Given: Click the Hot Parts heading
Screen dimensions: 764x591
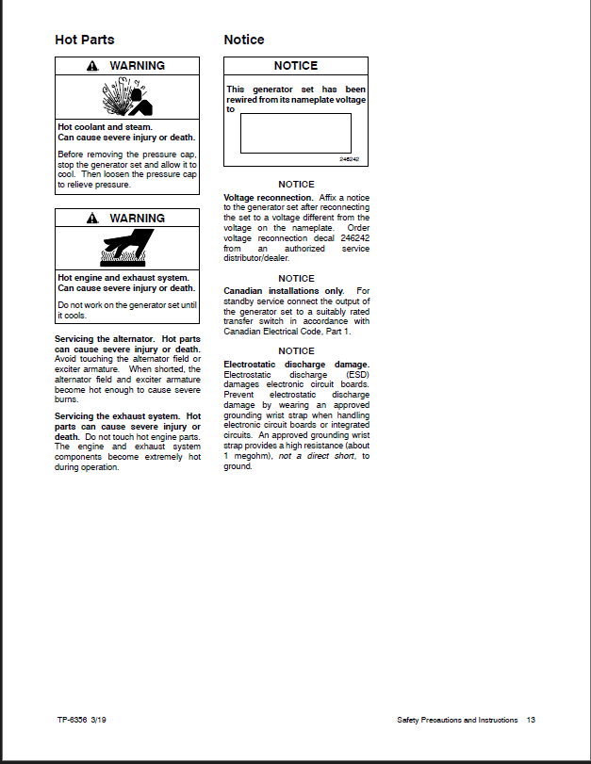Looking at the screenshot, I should (x=85, y=40).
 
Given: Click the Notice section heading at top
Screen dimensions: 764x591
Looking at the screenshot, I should (x=244, y=40).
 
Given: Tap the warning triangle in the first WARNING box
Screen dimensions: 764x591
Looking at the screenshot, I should (x=91, y=66).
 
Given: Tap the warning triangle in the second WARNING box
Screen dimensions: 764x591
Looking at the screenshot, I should (x=91, y=219).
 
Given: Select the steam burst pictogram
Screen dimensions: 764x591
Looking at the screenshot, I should (x=126, y=98).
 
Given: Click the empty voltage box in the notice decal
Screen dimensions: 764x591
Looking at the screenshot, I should (x=295, y=133).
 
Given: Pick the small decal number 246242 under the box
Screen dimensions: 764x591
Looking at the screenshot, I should (x=350, y=159).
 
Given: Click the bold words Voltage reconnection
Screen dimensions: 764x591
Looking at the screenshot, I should (x=268, y=198).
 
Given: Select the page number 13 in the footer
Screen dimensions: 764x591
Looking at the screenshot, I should (x=531, y=720).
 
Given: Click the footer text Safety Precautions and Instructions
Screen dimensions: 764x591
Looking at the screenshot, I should (x=457, y=720).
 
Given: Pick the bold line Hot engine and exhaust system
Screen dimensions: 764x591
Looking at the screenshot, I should (x=123, y=278).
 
